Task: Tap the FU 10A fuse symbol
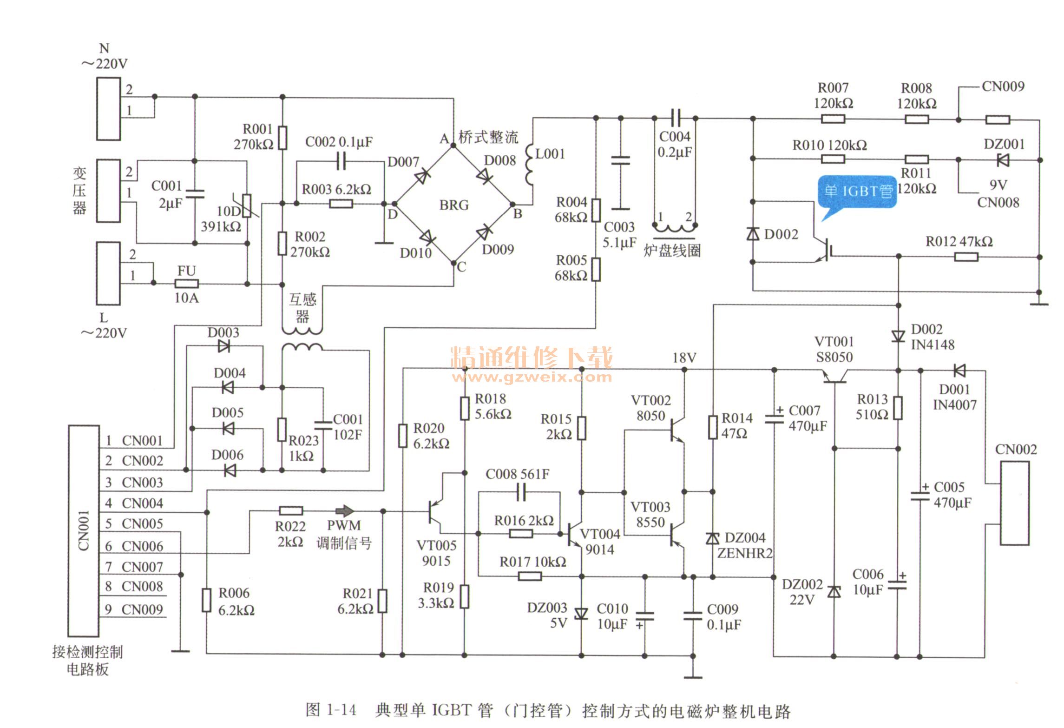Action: pyautogui.click(x=186, y=284)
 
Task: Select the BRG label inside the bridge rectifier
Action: pyautogui.click(x=454, y=205)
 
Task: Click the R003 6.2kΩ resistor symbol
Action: pyautogui.click(x=341, y=204)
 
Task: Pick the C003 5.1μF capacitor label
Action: pyautogui.click(x=619, y=234)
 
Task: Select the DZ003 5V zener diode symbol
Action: pyautogui.click(x=581, y=614)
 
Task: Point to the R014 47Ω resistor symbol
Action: pyautogui.click(x=713, y=427)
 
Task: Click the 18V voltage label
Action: pyautogui.click(x=684, y=357)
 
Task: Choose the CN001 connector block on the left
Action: pyautogui.click(x=84, y=530)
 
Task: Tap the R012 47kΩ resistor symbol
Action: pyautogui.click(x=966, y=257)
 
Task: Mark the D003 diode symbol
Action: pyautogui.click(x=224, y=346)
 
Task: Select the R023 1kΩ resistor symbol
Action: pyautogui.click(x=282, y=430)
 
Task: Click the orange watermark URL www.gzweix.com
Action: pyautogui.click(x=532, y=377)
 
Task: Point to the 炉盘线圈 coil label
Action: pyautogui.click(x=672, y=251)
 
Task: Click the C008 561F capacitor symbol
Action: pyautogui.click(x=521, y=492)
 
